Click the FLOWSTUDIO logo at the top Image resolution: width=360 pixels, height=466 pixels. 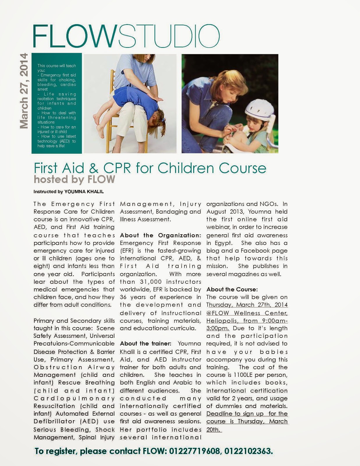point(126,36)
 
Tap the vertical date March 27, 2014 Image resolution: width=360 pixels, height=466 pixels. point(24,91)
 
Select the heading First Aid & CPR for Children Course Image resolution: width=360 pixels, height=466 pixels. point(150,168)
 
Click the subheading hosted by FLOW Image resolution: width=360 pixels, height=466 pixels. point(74,179)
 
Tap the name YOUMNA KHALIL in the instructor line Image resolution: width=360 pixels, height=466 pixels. point(84,192)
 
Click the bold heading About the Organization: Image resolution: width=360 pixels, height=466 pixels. point(160,235)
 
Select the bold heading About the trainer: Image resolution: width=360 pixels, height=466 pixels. point(146,344)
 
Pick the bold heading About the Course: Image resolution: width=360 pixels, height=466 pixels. point(232,290)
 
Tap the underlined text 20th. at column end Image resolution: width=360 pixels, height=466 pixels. point(214,430)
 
